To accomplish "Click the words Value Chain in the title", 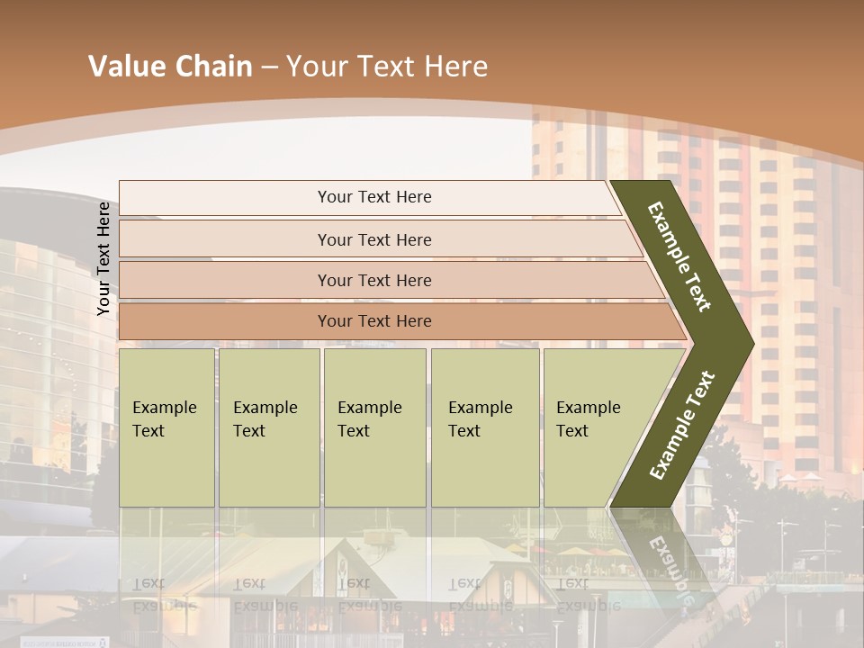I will pyautogui.click(x=170, y=67).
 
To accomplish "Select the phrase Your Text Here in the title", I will pyautogui.click(x=387, y=67).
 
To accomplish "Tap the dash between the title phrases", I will pyautogui.click(x=269, y=67).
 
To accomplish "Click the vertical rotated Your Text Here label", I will pyautogui.click(x=103, y=259).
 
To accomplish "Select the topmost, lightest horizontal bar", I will pyautogui.click(x=369, y=197).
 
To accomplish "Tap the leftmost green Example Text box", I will pyautogui.click(x=166, y=427).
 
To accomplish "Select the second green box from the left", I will pyautogui.click(x=269, y=427).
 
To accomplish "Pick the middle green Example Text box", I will pyautogui.click(x=374, y=427).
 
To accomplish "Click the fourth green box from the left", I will pyautogui.click(x=485, y=427).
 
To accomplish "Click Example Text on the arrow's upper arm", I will pyautogui.click(x=679, y=256).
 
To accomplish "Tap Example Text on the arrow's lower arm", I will pyautogui.click(x=682, y=425).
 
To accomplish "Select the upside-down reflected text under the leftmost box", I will pyautogui.click(x=165, y=594).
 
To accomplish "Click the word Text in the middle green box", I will pyautogui.click(x=354, y=431).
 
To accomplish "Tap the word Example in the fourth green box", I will pyautogui.click(x=481, y=408).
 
